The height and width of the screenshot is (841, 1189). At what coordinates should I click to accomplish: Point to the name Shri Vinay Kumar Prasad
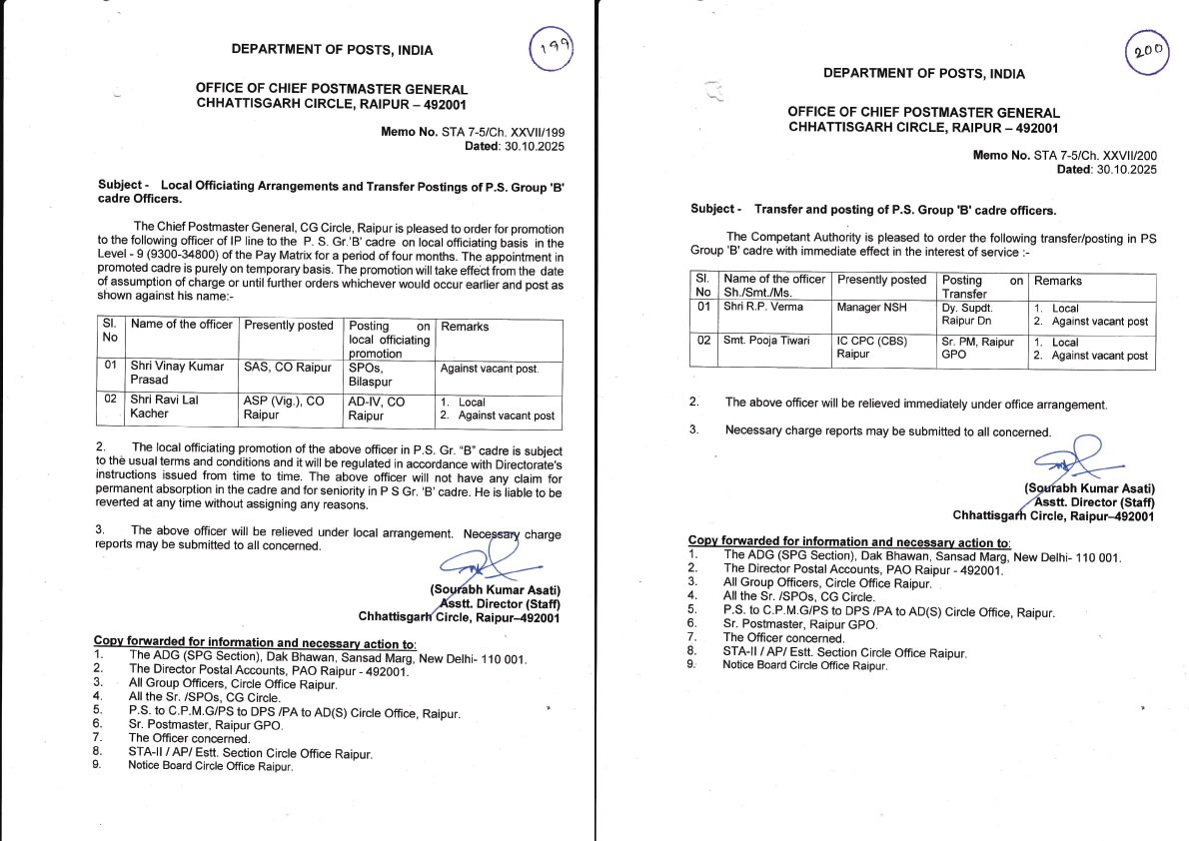coord(177,374)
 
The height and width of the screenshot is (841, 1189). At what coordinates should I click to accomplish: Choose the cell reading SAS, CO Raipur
coord(287,367)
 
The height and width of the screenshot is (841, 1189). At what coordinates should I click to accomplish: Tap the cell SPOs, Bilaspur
coord(372,374)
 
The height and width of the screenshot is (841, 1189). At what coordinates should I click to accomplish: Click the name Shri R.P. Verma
coord(762,309)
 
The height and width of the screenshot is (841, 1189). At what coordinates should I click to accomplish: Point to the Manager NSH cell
coord(872,309)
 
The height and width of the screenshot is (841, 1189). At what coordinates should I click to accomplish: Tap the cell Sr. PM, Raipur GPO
coord(977,348)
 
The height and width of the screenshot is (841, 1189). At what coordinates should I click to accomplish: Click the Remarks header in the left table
coord(465,327)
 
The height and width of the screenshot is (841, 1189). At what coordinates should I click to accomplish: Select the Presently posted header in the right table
coord(882,281)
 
